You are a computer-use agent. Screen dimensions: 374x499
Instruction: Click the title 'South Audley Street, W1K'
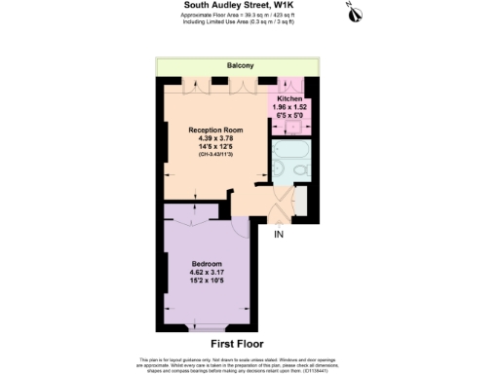click(x=240, y=5)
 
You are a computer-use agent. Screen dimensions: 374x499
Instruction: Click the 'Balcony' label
click(x=240, y=65)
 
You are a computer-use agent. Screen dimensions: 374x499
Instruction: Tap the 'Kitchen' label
click(x=289, y=99)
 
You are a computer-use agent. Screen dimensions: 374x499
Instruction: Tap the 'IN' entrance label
click(x=278, y=235)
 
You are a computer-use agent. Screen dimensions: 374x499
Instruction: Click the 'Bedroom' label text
click(x=207, y=265)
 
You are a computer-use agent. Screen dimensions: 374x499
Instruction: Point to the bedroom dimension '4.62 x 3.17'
click(x=207, y=274)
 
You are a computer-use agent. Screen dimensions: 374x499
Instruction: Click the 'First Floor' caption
click(x=240, y=344)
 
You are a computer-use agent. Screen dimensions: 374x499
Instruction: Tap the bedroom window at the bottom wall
click(x=206, y=323)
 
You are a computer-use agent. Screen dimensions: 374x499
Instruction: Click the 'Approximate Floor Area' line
click(x=240, y=17)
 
